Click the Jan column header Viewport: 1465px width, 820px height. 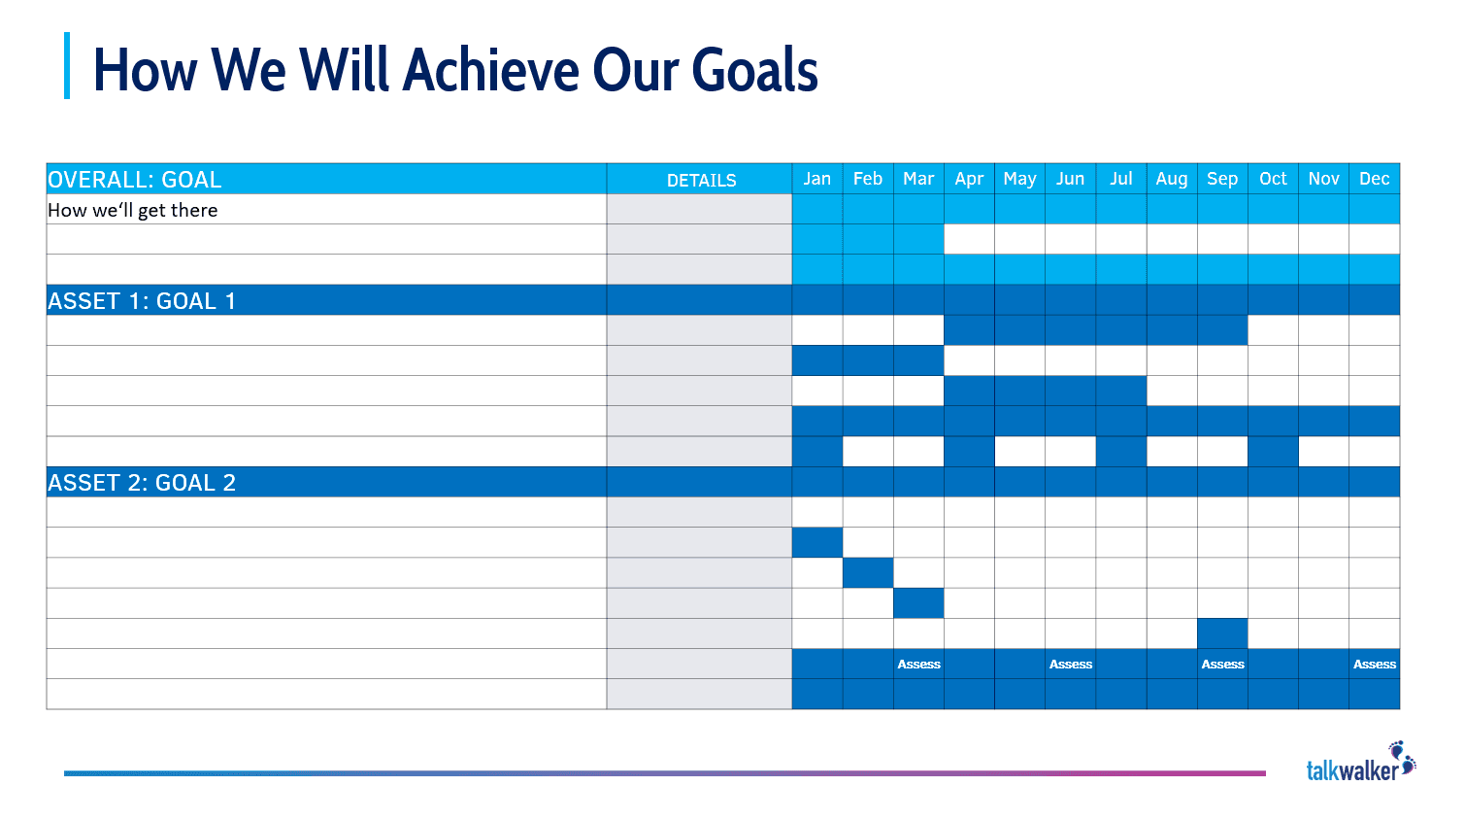(x=816, y=179)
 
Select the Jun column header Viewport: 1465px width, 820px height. (x=1070, y=179)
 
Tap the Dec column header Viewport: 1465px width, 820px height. (x=1374, y=179)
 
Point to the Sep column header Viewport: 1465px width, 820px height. (x=1222, y=179)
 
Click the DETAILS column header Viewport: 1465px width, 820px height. (x=701, y=180)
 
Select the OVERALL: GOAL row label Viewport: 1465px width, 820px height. (x=135, y=180)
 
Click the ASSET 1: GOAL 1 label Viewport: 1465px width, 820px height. (x=142, y=301)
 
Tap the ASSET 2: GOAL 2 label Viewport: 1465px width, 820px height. (x=142, y=483)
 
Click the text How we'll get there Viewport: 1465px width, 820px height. (x=133, y=210)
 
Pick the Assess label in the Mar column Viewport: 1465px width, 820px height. (x=918, y=665)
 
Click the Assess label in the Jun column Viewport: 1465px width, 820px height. (x=1071, y=665)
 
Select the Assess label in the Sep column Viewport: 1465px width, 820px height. (x=1222, y=665)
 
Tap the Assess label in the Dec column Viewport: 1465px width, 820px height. (x=1374, y=665)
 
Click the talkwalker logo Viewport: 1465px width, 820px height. (x=1360, y=763)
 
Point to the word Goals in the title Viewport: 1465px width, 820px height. (x=754, y=70)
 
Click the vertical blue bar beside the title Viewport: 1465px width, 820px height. (x=67, y=66)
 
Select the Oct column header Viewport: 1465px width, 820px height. (x=1273, y=179)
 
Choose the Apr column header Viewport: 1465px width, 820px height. (x=969, y=179)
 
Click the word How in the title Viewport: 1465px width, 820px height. (x=145, y=70)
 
